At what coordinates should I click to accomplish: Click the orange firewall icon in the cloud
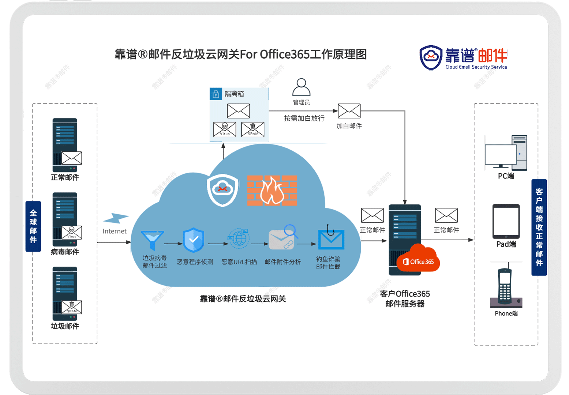[272, 190]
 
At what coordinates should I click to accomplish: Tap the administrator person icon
[301, 87]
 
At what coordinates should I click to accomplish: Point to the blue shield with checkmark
[193, 240]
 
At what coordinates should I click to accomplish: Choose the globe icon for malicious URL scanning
[239, 239]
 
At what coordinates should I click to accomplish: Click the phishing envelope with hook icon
[331, 239]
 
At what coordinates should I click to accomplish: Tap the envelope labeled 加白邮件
[349, 111]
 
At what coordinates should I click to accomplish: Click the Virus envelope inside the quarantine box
[225, 129]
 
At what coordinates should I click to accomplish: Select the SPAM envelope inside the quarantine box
[252, 129]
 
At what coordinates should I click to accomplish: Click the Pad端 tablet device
[506, 222]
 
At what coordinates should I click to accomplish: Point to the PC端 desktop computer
[506, 153]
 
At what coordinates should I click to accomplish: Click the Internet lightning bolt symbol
[116, 219]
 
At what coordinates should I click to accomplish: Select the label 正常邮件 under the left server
[65, 177]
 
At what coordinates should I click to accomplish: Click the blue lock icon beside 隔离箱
[216, 94]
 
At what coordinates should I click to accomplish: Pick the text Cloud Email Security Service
[476, 67]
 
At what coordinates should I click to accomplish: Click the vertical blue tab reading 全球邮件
[33, 226]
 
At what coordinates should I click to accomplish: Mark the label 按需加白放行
[304, 118]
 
